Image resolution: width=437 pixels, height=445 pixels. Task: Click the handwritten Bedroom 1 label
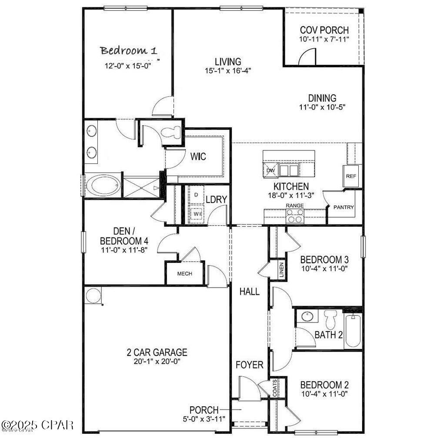(x=128, y=50)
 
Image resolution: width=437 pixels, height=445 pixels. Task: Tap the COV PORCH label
(x=324, y=30)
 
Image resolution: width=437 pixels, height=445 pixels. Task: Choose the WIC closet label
(x=198, y=156)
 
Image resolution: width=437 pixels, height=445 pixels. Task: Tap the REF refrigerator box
(x=351, y=176)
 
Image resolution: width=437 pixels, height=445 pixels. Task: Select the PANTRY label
(x=344, y=207)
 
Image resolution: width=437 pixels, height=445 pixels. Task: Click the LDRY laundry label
(x=216, y=199)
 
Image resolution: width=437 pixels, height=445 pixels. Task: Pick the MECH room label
(x=184, y=274)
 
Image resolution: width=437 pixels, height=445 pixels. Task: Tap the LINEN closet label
(x=282, y=270)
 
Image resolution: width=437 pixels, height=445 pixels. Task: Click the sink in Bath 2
(x=308, y=316)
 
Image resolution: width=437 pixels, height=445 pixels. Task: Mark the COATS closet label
(x=275, y=388)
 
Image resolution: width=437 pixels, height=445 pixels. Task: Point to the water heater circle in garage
(x=93, y=296)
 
